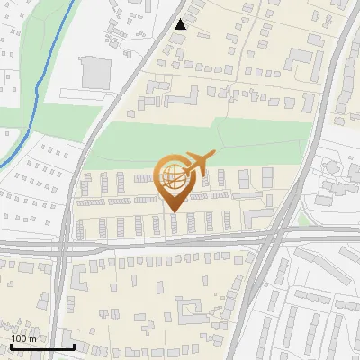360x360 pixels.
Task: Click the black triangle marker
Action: [x=181, y=24]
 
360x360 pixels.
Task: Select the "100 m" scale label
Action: [x=24, y=337]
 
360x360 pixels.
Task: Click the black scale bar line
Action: [x=42, y=346]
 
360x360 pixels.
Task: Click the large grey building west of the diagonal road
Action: [x=95, y=72]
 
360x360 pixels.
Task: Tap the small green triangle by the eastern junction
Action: [x=303, y=220]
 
